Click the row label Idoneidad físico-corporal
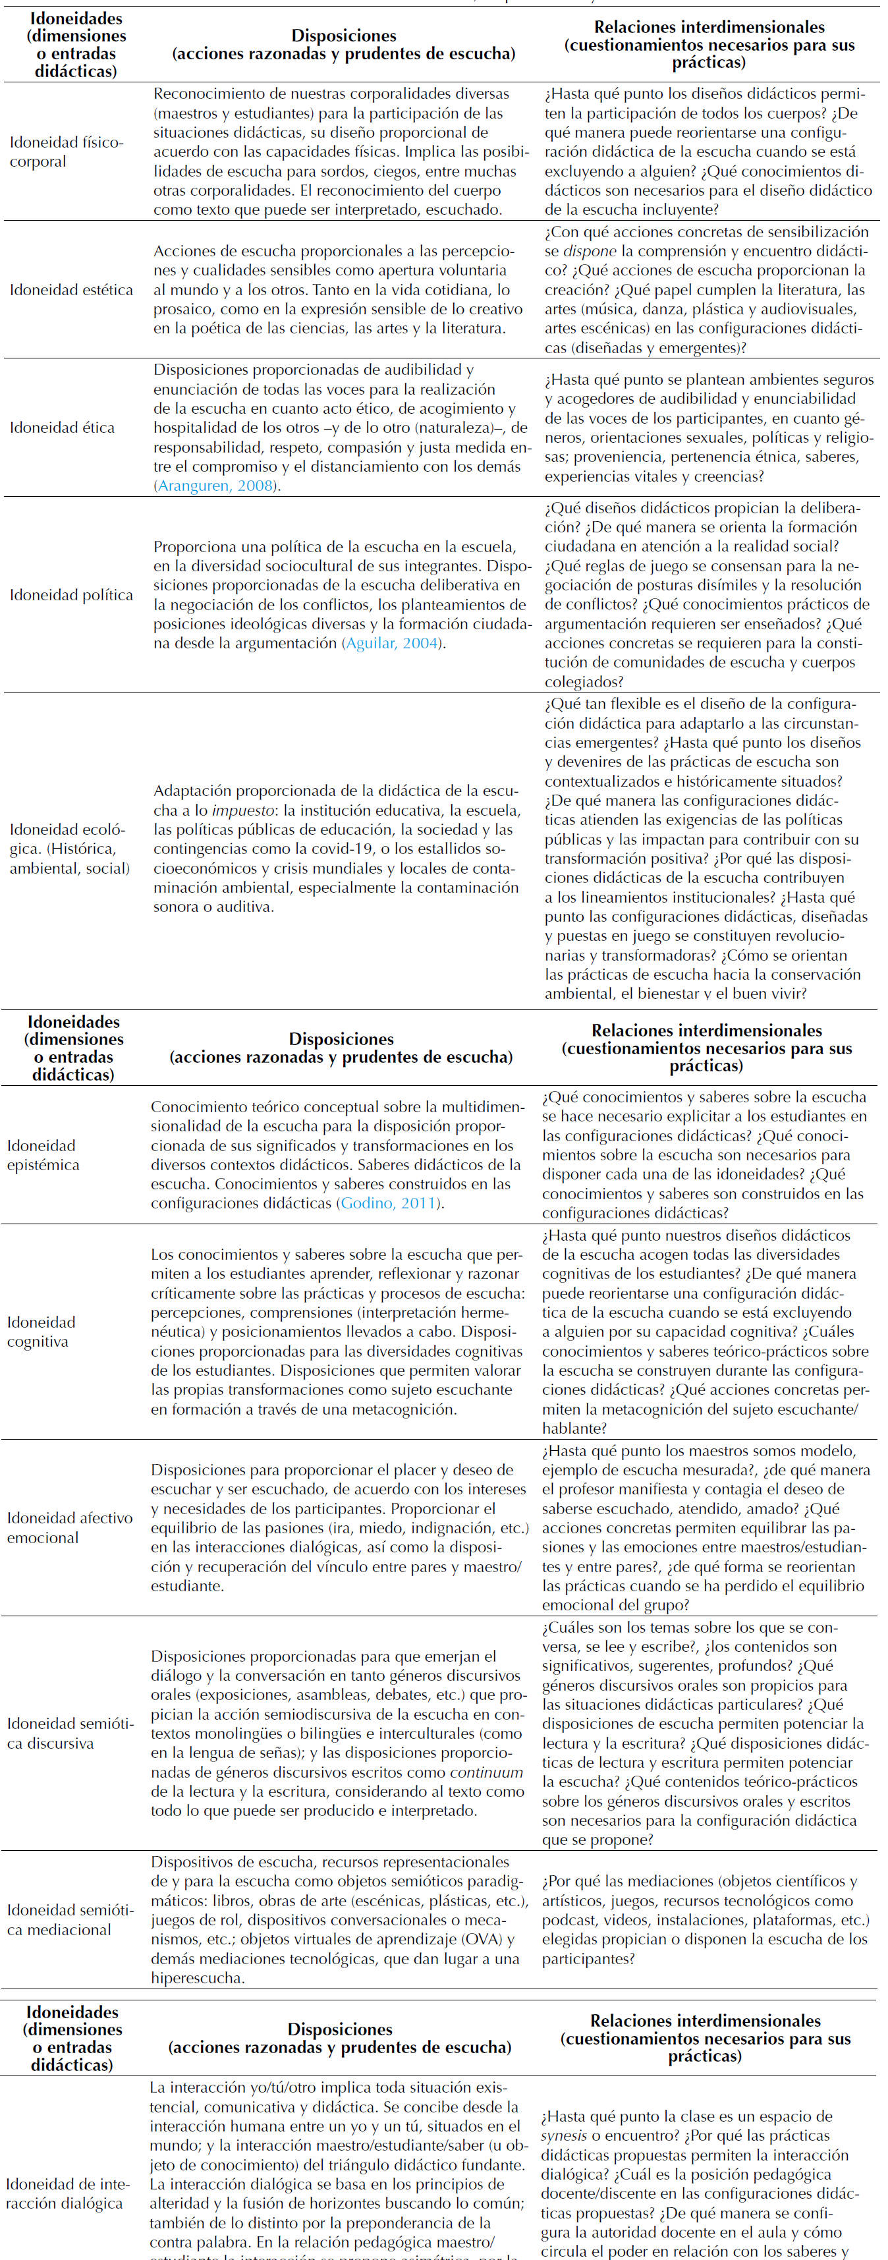point(66,152)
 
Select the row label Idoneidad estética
point(71,289)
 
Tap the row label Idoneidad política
point(71,595)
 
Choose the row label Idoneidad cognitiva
point(40,1332)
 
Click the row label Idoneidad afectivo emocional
point(69,1527)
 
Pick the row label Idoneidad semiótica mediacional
point(70,1919)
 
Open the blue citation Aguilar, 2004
point(392,643)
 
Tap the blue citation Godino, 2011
point(388,1203)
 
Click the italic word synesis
point(563,2135)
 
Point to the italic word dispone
point(589,251)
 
